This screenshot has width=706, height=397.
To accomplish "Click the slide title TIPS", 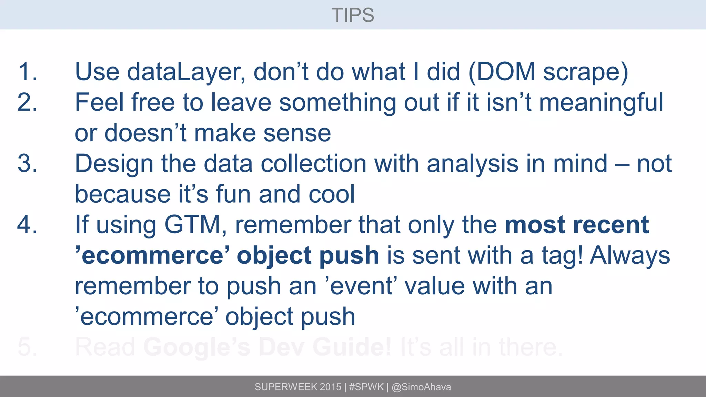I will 353,15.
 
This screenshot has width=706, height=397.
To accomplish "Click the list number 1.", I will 27,72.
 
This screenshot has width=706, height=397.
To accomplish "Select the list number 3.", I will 27,163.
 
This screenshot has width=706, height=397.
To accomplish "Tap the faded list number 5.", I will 27,347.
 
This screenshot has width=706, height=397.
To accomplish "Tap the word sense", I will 297,133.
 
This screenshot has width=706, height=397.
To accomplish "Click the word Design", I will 114,164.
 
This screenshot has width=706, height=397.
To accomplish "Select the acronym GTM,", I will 195,225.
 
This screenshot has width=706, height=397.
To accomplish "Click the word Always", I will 630,256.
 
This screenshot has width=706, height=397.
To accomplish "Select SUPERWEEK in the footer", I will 286,387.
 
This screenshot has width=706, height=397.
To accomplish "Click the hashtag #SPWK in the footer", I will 366,387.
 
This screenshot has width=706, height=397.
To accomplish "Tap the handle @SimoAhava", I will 421,387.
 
